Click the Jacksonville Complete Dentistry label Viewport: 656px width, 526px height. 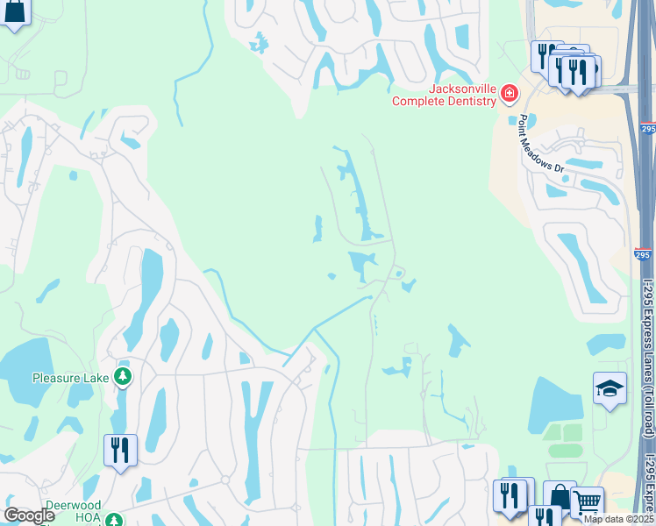(444, 95)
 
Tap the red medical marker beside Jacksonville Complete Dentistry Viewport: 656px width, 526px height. (509, 94)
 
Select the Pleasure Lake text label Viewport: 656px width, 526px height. (70, 378)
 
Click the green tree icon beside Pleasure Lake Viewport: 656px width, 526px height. (123, 377)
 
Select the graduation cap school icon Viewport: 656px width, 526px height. (610, 388)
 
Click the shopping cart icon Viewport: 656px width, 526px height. (587, 503)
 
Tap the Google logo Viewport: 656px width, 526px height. (30, 515)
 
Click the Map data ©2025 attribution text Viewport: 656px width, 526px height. (618, 519)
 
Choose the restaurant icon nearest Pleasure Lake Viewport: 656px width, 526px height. (120, 450)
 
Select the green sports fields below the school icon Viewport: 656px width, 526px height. (561, 440)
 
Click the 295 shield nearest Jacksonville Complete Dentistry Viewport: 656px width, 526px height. (647, 129)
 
